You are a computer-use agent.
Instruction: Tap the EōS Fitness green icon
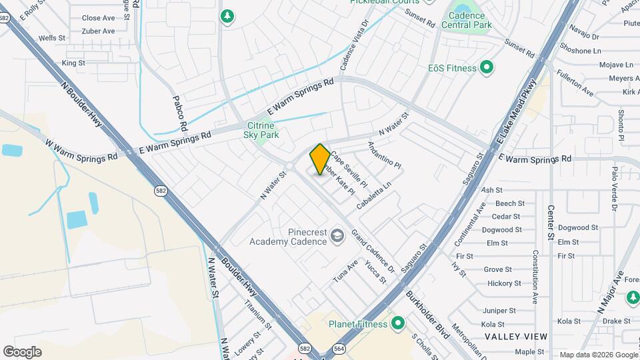487,67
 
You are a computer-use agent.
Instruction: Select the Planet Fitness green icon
398,324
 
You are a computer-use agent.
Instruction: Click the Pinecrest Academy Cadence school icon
338,235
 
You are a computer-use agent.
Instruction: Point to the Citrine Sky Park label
261,130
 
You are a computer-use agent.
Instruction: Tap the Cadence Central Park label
469,20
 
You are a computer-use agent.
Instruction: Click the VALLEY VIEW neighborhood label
516,337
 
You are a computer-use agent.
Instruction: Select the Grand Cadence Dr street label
373,251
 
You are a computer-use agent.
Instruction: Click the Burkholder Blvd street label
427,312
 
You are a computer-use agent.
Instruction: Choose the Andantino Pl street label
385,155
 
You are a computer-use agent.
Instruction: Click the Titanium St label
258,314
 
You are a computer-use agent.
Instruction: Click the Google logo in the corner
22,352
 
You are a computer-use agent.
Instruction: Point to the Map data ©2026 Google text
598,355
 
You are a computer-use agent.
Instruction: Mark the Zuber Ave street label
98,31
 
